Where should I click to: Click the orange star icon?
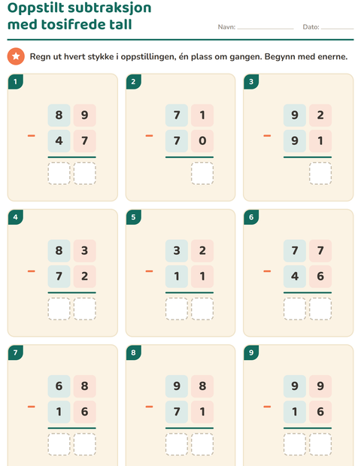[x=16, y=56]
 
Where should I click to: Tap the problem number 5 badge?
[x=133, y=217]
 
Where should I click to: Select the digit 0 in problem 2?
[x=202, y=141]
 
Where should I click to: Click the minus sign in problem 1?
[x=32, y=136]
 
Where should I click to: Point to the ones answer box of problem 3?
[x=320, y=174]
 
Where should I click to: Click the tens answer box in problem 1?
[x=59, y=174]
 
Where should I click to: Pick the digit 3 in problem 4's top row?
[x=84, y=250]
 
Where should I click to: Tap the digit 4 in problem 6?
[x=295, y=277]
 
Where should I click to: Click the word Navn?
[x=226, y=27]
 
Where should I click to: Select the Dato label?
[x=311, y=27]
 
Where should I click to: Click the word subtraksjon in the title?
[x=110, y=8]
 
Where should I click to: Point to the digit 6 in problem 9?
[x=320, y=412]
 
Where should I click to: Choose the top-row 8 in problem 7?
[x=84, y=386]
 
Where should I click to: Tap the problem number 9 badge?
[x=251, y=353]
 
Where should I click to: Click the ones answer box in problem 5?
[x=202, y=309]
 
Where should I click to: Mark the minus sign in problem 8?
[x=149, y=407]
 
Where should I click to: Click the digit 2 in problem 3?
[x=320, y=115]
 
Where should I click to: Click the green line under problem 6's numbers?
[x=308, y=292]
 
